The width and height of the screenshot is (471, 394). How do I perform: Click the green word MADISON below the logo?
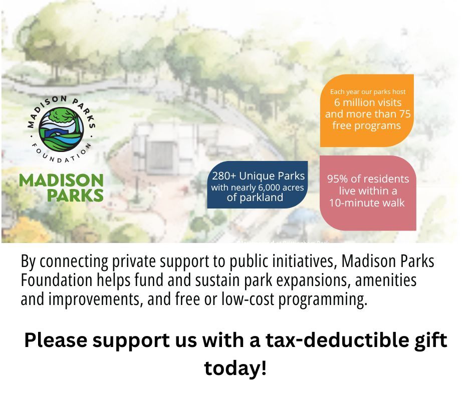pos(61,180)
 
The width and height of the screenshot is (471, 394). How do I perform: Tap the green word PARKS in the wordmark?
pos(75,194)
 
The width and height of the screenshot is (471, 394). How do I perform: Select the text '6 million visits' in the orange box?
pos(368,102)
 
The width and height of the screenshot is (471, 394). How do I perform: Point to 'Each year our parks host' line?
pos(368,91)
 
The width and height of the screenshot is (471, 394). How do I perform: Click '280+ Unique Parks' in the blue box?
pos(258,176)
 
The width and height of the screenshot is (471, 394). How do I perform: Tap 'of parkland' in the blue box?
pos(255,197)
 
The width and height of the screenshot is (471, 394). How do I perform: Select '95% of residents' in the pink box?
pos(368,179)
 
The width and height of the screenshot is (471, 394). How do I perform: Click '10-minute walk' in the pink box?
pos(367,202)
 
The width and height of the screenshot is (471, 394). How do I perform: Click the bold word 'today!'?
pos(235,368)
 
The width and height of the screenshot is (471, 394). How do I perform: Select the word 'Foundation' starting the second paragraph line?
pos(50,280)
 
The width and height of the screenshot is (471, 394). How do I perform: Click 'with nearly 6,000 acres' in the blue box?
pos(258,187)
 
